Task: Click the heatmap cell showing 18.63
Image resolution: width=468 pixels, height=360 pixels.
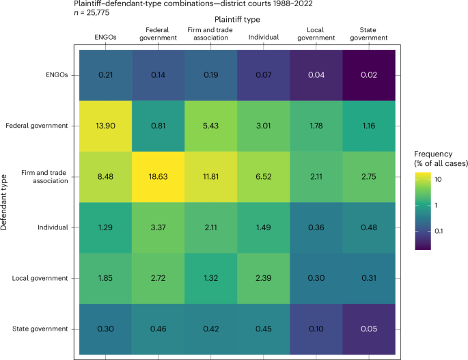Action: (156, 176)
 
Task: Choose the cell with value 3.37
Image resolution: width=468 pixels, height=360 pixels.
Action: (156, 227)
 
